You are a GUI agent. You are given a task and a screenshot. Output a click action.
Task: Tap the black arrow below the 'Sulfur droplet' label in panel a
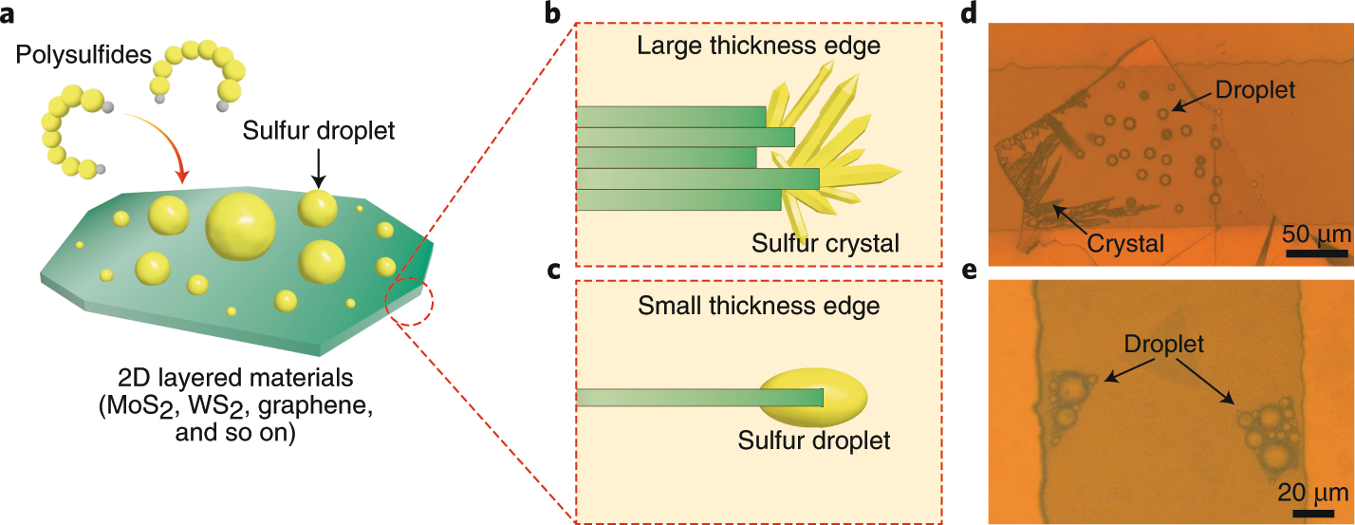[x=317, y=172]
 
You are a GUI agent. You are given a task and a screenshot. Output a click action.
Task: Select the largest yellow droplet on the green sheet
[x=241, y=227]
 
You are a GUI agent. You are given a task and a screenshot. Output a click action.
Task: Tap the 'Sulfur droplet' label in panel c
[x=814, y=441]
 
